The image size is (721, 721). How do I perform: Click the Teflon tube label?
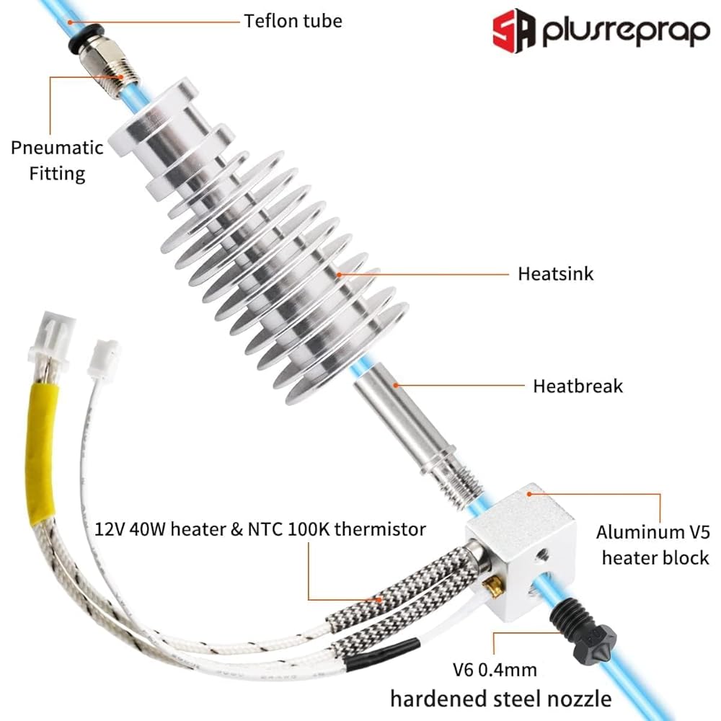tap(293, 20)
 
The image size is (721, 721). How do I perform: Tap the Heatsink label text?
tap(555, 274)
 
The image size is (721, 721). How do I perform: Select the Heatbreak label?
tap(578, 386)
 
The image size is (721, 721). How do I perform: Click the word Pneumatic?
tap(57, 148)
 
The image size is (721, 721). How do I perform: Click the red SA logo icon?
tap(514, 31)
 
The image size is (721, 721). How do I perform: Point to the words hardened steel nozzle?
tap(500, 698)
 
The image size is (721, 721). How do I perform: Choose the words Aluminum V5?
tap(647, 533)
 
